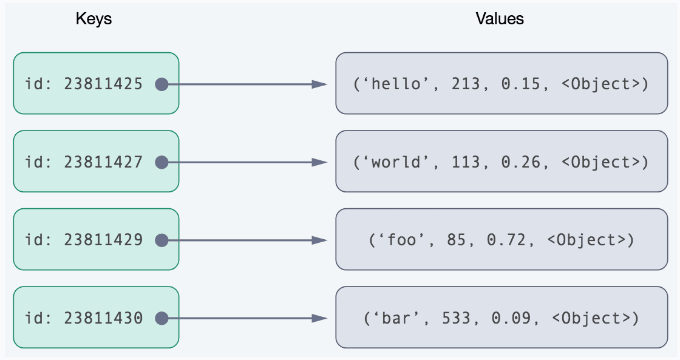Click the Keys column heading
(x=93, y=19)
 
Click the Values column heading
(x=500, y=19)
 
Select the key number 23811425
(x=103, y=84)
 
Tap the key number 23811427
(x=103, y=162)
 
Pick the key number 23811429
(x=103, y=240)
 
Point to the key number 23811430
(x=103, y=318)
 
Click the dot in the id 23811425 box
(x=161, y=84)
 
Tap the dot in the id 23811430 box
(x=161, y=318)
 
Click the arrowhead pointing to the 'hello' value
(x=320, y=84)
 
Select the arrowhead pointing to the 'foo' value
(x=320, y=240)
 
